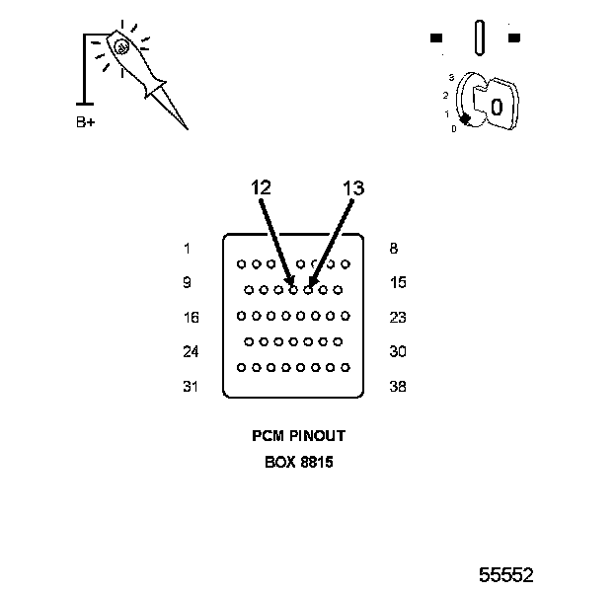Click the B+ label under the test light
pos(86,123)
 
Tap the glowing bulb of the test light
pos(119,45)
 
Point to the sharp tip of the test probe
pos(185,127)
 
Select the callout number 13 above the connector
pos(353,187)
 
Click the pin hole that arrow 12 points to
pos(293,290)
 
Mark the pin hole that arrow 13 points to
pos(308,290)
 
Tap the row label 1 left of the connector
pos(187,249)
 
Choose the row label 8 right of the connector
pos(394,249)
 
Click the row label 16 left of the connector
pos(191,318)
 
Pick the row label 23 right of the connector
pos(398,318)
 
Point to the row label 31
pos(191,387)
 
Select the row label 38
pos(398,387)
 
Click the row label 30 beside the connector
pos(398,351)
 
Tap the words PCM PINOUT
pos(298,435)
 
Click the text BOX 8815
pos(298,461)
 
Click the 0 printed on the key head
pos(497,106)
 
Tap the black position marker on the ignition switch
pos(464,119)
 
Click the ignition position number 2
pos(446,95)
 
